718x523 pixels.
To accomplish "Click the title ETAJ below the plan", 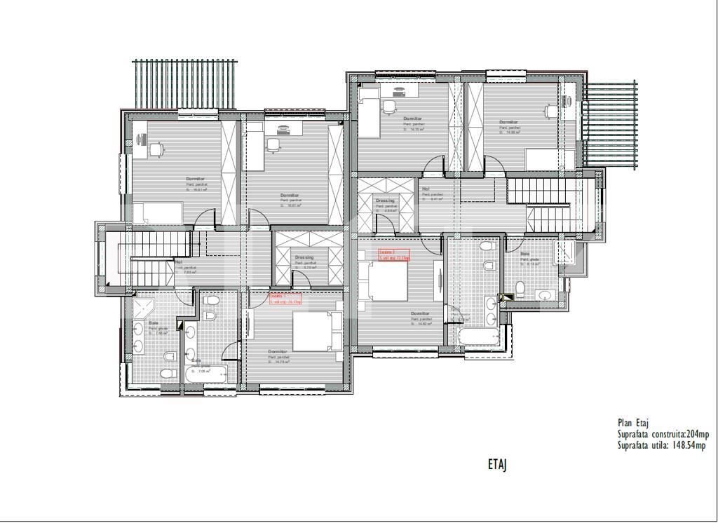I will [497, 464].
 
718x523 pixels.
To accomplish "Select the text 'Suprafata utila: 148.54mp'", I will [661, 445].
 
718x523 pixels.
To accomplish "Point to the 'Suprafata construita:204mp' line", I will [668, 434].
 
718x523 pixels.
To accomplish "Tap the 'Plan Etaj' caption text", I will [633, 423].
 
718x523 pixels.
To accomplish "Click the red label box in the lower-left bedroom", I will [285, 299].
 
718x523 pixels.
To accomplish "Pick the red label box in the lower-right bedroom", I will [393, 255].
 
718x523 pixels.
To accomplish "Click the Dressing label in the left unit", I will [304, 257].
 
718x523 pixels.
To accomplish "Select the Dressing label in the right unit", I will [385, 201].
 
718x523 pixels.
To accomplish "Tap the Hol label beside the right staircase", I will [426, 189].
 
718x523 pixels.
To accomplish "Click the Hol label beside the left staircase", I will [178, 262].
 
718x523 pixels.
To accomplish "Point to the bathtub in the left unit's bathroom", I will [206, 373].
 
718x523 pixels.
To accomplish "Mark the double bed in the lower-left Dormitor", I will [316, 332].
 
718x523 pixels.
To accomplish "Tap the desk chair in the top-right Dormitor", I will [550, 111].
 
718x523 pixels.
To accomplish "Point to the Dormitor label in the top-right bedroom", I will [508, 122].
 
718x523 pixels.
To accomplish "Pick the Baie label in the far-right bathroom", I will [525, 254].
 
